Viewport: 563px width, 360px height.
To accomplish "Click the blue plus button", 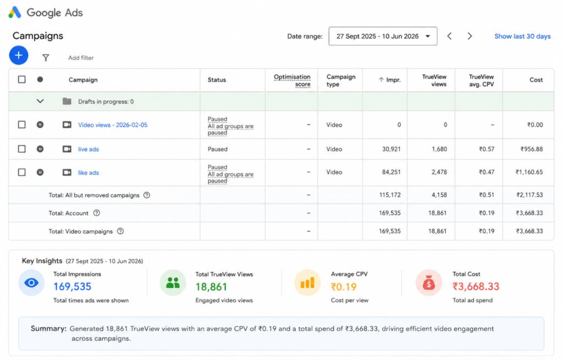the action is coord(19,56).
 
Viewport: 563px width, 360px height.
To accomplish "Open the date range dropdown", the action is coord(383,36).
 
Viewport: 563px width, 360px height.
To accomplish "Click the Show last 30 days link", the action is coord(522,36).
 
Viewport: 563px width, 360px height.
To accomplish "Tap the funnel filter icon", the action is coord(46,58).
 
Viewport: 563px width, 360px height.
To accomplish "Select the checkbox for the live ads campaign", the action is coord(22,149).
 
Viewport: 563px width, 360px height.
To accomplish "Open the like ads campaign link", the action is coord(89,173).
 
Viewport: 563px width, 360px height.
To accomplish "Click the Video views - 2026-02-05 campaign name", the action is coord(113,125).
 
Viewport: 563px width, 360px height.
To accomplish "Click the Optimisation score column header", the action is coord(292,80).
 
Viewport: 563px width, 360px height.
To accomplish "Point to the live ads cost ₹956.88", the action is coord(532,149).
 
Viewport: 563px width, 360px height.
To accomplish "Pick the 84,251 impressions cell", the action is coord(391,172).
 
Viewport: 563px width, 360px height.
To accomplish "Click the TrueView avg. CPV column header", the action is coord(481,80).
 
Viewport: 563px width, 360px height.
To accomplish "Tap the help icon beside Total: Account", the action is coord(97,213).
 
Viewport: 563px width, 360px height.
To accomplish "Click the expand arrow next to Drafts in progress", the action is coord(40,101).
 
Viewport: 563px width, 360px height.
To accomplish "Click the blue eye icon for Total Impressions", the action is coord(31,283).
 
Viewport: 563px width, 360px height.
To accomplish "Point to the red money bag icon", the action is coord(428,283).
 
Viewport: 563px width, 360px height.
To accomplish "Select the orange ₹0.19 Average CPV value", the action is coord(344,287).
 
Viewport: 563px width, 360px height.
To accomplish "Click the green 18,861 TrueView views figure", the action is coord(211,287).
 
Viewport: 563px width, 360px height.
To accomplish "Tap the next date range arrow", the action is coord(470,36).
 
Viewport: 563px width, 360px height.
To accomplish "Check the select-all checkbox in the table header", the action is coord(22,79).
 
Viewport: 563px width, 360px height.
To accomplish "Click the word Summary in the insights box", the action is coord(48,329).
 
